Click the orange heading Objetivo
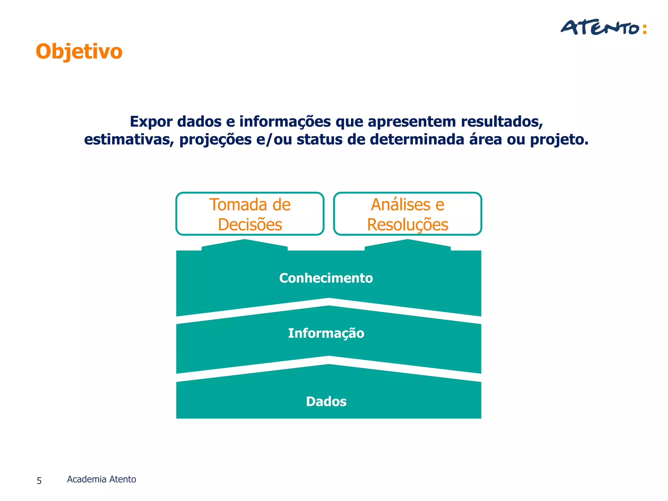[79, 52]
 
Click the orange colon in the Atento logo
[644, 29]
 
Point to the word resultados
[502, 122]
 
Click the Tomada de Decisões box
[250, 214]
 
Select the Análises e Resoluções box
[407, 214]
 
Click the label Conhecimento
[326, 278]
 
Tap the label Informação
[326, 333]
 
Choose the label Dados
[326, 402]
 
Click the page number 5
[39, 480]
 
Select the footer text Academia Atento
[101, 479]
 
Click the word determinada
[417, 140]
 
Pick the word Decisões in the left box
[250, 225]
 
